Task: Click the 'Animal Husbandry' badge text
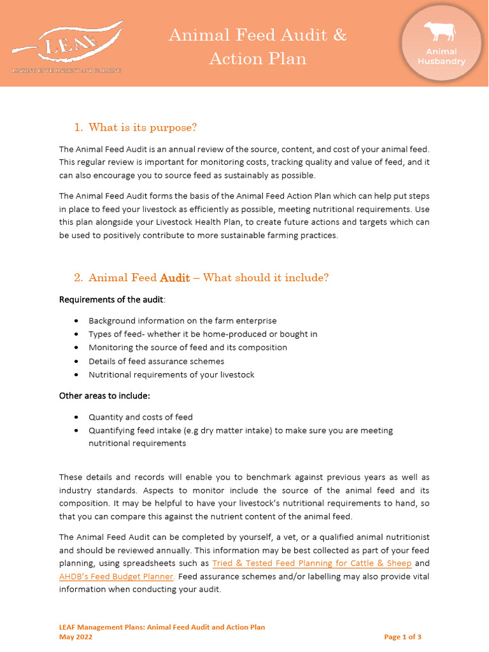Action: pyautogui.click(x=441, y=57)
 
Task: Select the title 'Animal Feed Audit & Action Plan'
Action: pyautogui.click(x=258, y=46)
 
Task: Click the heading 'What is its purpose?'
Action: pyautogui.click(x=143, y=127)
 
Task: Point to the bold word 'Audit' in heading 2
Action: pyautogui.click(x=174, y=278)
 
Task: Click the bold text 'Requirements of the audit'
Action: pyautogui.click(x=111, y=299)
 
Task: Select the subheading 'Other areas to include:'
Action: pyautogui.click(x=104, y=395)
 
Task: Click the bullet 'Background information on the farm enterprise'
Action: pyautogui.click(x=182, y=321)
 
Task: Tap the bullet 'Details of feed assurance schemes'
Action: pyautogui.click(x=156, y=361)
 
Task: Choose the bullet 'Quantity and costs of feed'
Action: pyautogui.click(x=140, y=417)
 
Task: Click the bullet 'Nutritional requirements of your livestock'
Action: pyautogui.click(x=171, y=374)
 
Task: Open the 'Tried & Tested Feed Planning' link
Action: pyautogui.click(x=311, y=563)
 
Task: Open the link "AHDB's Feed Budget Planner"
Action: pyautogui.click(x=116, y=576)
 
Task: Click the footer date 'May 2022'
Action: pyautogui.click(x=76, y=637)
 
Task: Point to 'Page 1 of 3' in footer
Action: pyautogui.click(x=402, y=637)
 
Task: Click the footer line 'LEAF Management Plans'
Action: pyautogui.click(x=162, y=627)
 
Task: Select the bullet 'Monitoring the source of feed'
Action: pyautogui.click(x=187, y=348)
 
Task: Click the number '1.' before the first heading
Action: pyautogui.click(x=78, y=127)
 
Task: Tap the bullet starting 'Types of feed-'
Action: pyautogui.click(x=202, y=334)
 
